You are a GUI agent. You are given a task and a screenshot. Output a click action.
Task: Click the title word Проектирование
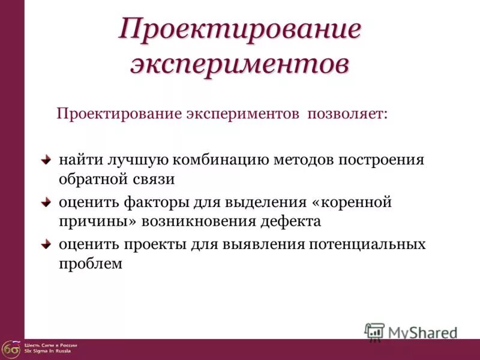point(240,30)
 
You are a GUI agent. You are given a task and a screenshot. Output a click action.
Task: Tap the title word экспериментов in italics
point(240,64)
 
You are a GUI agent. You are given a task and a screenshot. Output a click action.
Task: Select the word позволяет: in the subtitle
point(347,114)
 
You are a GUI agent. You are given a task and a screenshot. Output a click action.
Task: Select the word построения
point(382,161)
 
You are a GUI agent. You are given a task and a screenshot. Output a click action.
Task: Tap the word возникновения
point(201,221)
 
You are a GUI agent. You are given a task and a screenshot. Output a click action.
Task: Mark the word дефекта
point(290,221)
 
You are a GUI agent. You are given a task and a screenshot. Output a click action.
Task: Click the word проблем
point(91,264)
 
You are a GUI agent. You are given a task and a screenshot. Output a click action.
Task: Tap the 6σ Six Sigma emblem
point(10,348)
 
